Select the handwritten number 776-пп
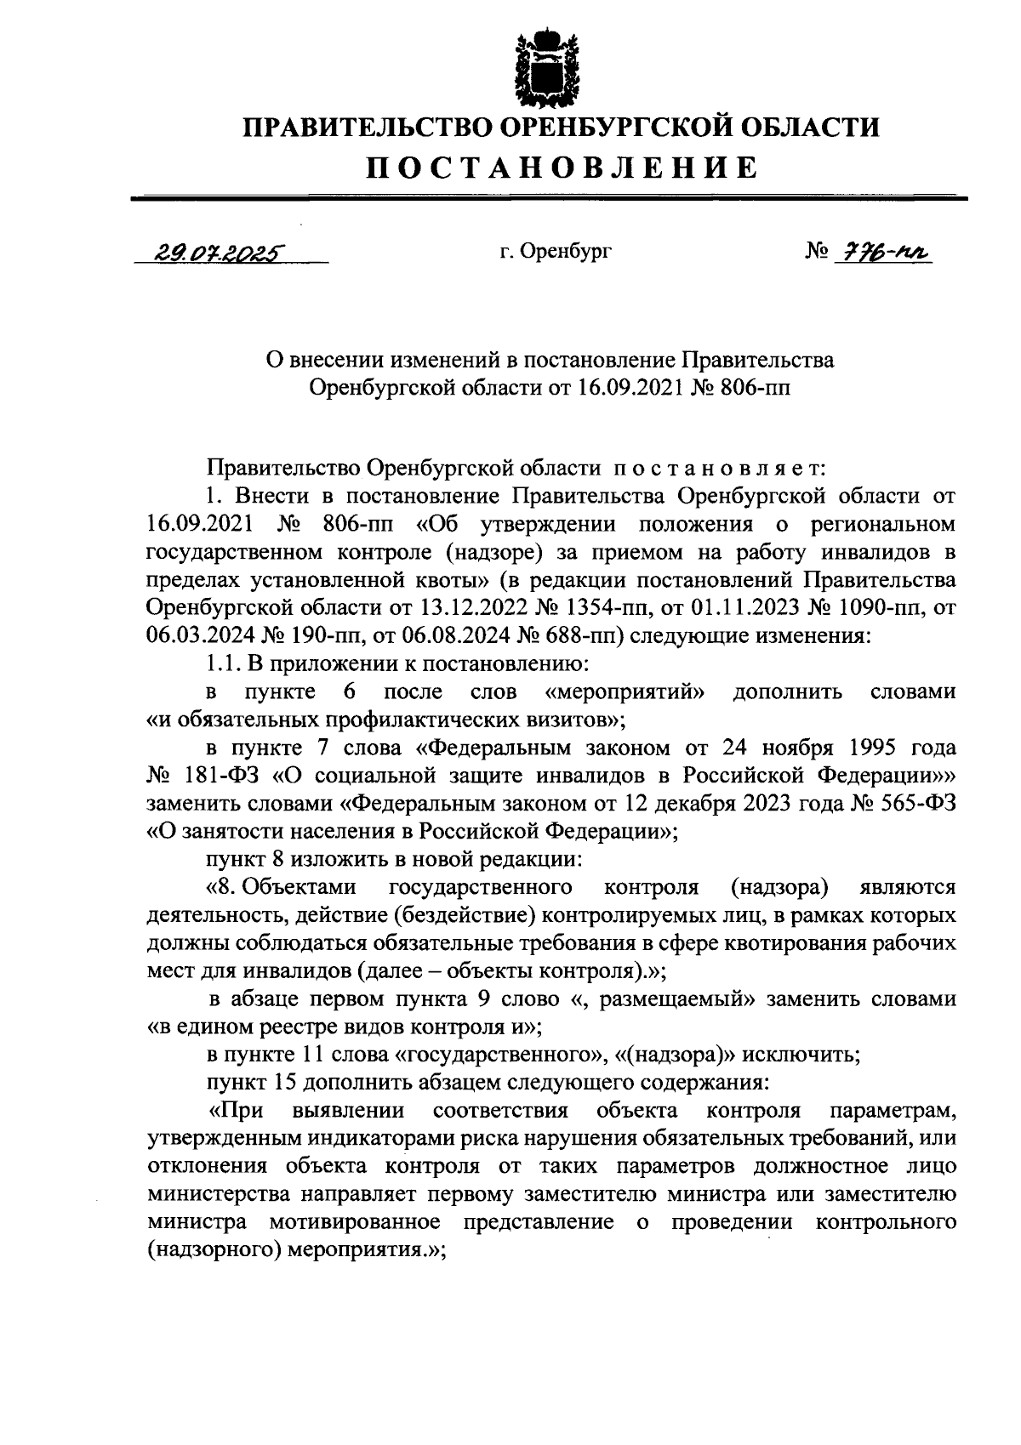(x=884, y=252)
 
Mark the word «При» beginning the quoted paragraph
(x=237, y=1111)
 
